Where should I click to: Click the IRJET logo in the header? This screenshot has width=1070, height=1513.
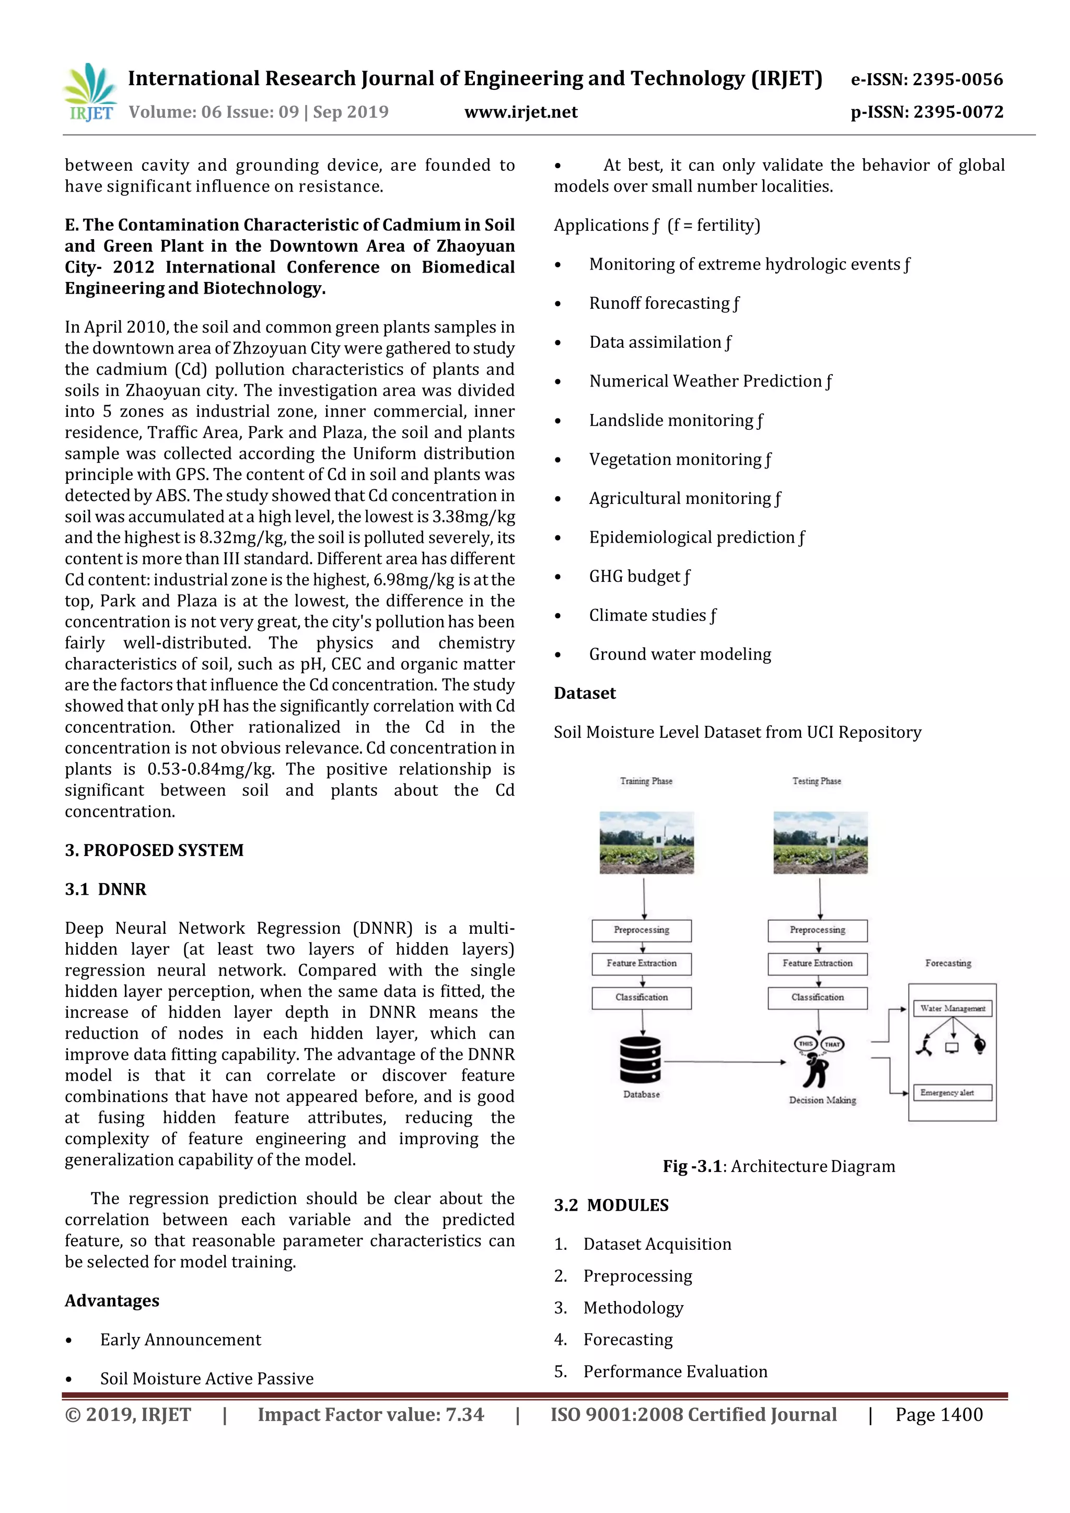point(91,93)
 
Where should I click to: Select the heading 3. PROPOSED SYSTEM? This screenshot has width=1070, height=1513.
point(154,850)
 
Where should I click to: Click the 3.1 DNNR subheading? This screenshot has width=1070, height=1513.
point(106,889)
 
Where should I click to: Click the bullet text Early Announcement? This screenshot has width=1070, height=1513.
point(181,1339)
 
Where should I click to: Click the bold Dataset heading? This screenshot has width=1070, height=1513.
point(584,693)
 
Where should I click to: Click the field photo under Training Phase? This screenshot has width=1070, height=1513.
point(646,842)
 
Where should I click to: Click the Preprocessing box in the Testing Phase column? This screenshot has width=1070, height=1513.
point(818,931)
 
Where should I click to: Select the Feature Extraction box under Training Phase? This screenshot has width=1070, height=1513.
point(642,964)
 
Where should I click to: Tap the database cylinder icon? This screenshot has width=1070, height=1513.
point(640,1060)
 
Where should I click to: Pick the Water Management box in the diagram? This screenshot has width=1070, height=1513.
point(952,1008)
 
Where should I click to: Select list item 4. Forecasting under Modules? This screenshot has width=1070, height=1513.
point(627,1340)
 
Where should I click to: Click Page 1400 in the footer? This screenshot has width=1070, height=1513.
point(939,1415)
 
